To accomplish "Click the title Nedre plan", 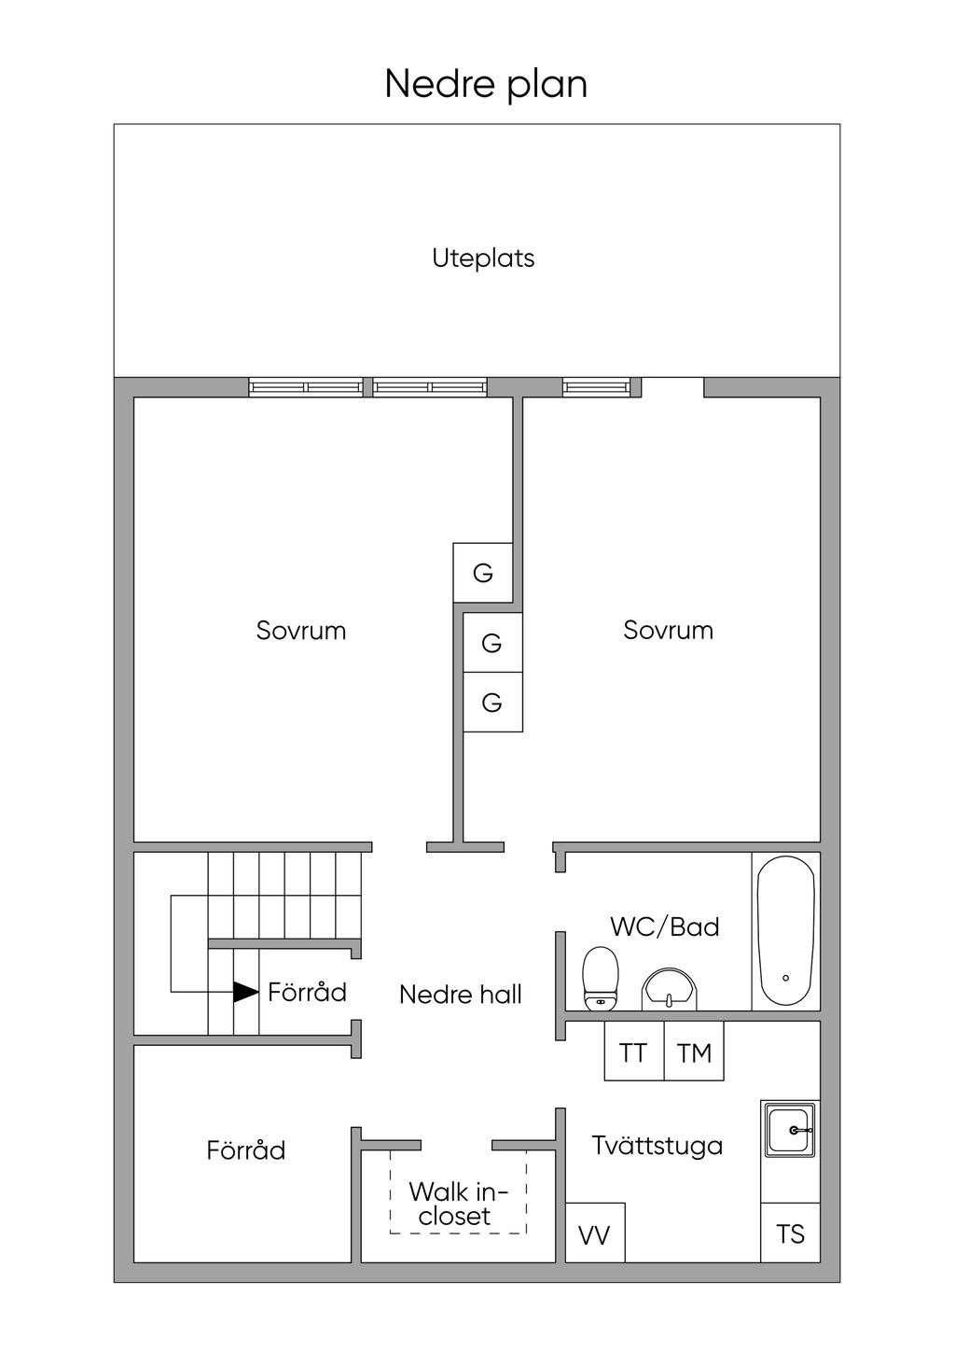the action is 486,84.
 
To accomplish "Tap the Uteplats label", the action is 483,258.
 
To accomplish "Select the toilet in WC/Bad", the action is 601,979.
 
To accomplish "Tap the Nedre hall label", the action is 461,995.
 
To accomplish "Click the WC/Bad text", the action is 665,927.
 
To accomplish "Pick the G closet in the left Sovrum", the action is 483,572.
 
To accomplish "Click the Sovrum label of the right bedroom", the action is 668,631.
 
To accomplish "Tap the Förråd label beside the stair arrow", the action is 307,991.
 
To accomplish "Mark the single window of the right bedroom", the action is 597,387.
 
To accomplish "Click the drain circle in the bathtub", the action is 785,979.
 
